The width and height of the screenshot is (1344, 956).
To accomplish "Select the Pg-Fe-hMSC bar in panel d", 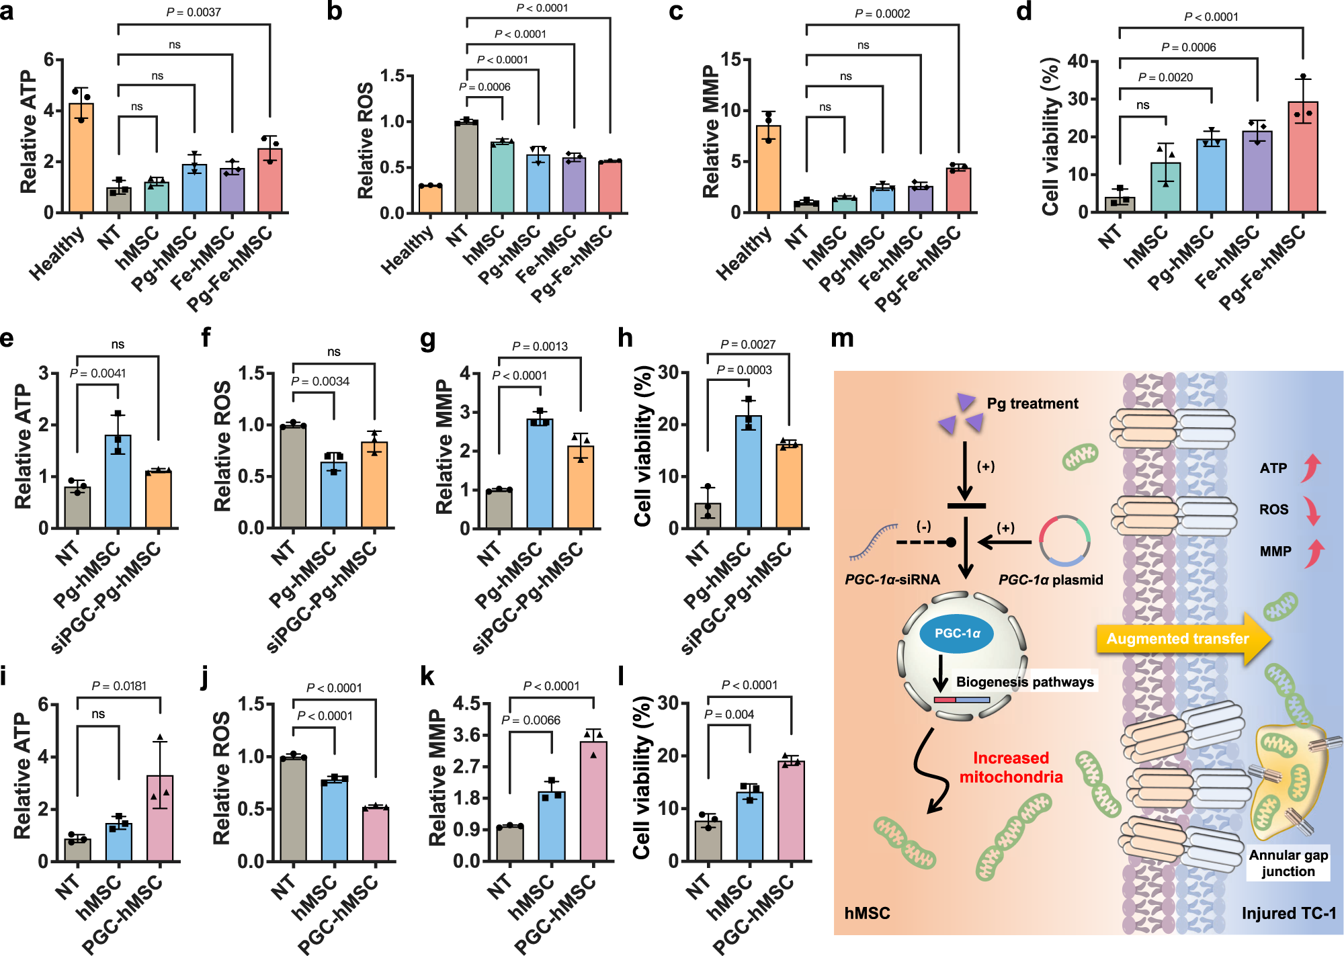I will (x=1303, y=159).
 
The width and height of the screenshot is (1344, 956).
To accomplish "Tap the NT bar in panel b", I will (x=466, y=168).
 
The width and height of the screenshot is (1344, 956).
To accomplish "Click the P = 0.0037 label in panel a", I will (x=194, y=12).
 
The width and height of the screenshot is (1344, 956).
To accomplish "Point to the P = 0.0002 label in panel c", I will (x=882, y=13).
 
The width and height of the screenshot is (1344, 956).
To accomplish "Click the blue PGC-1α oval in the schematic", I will (x=956, y=634).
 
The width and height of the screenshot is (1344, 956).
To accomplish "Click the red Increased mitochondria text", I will (x=1011, y=767).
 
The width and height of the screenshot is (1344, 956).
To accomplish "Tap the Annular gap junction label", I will (x=1288, y=863).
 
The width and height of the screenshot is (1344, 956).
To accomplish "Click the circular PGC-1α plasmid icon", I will (x=1064, y=540).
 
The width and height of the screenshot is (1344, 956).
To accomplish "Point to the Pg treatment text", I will (x=1032, y=404).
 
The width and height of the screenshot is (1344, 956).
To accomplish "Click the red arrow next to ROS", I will (x=1311, y=511).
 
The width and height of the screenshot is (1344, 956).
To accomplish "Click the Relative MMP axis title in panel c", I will (x=710, y=131).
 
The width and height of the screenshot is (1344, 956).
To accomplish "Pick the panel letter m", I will (x=842, y=338).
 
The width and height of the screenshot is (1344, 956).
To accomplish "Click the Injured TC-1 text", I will (x=1288, y=914).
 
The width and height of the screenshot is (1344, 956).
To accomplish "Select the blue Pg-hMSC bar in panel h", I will (x=749, y=473).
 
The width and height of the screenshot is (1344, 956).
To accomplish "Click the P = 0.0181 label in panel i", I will (x=119, y=686).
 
